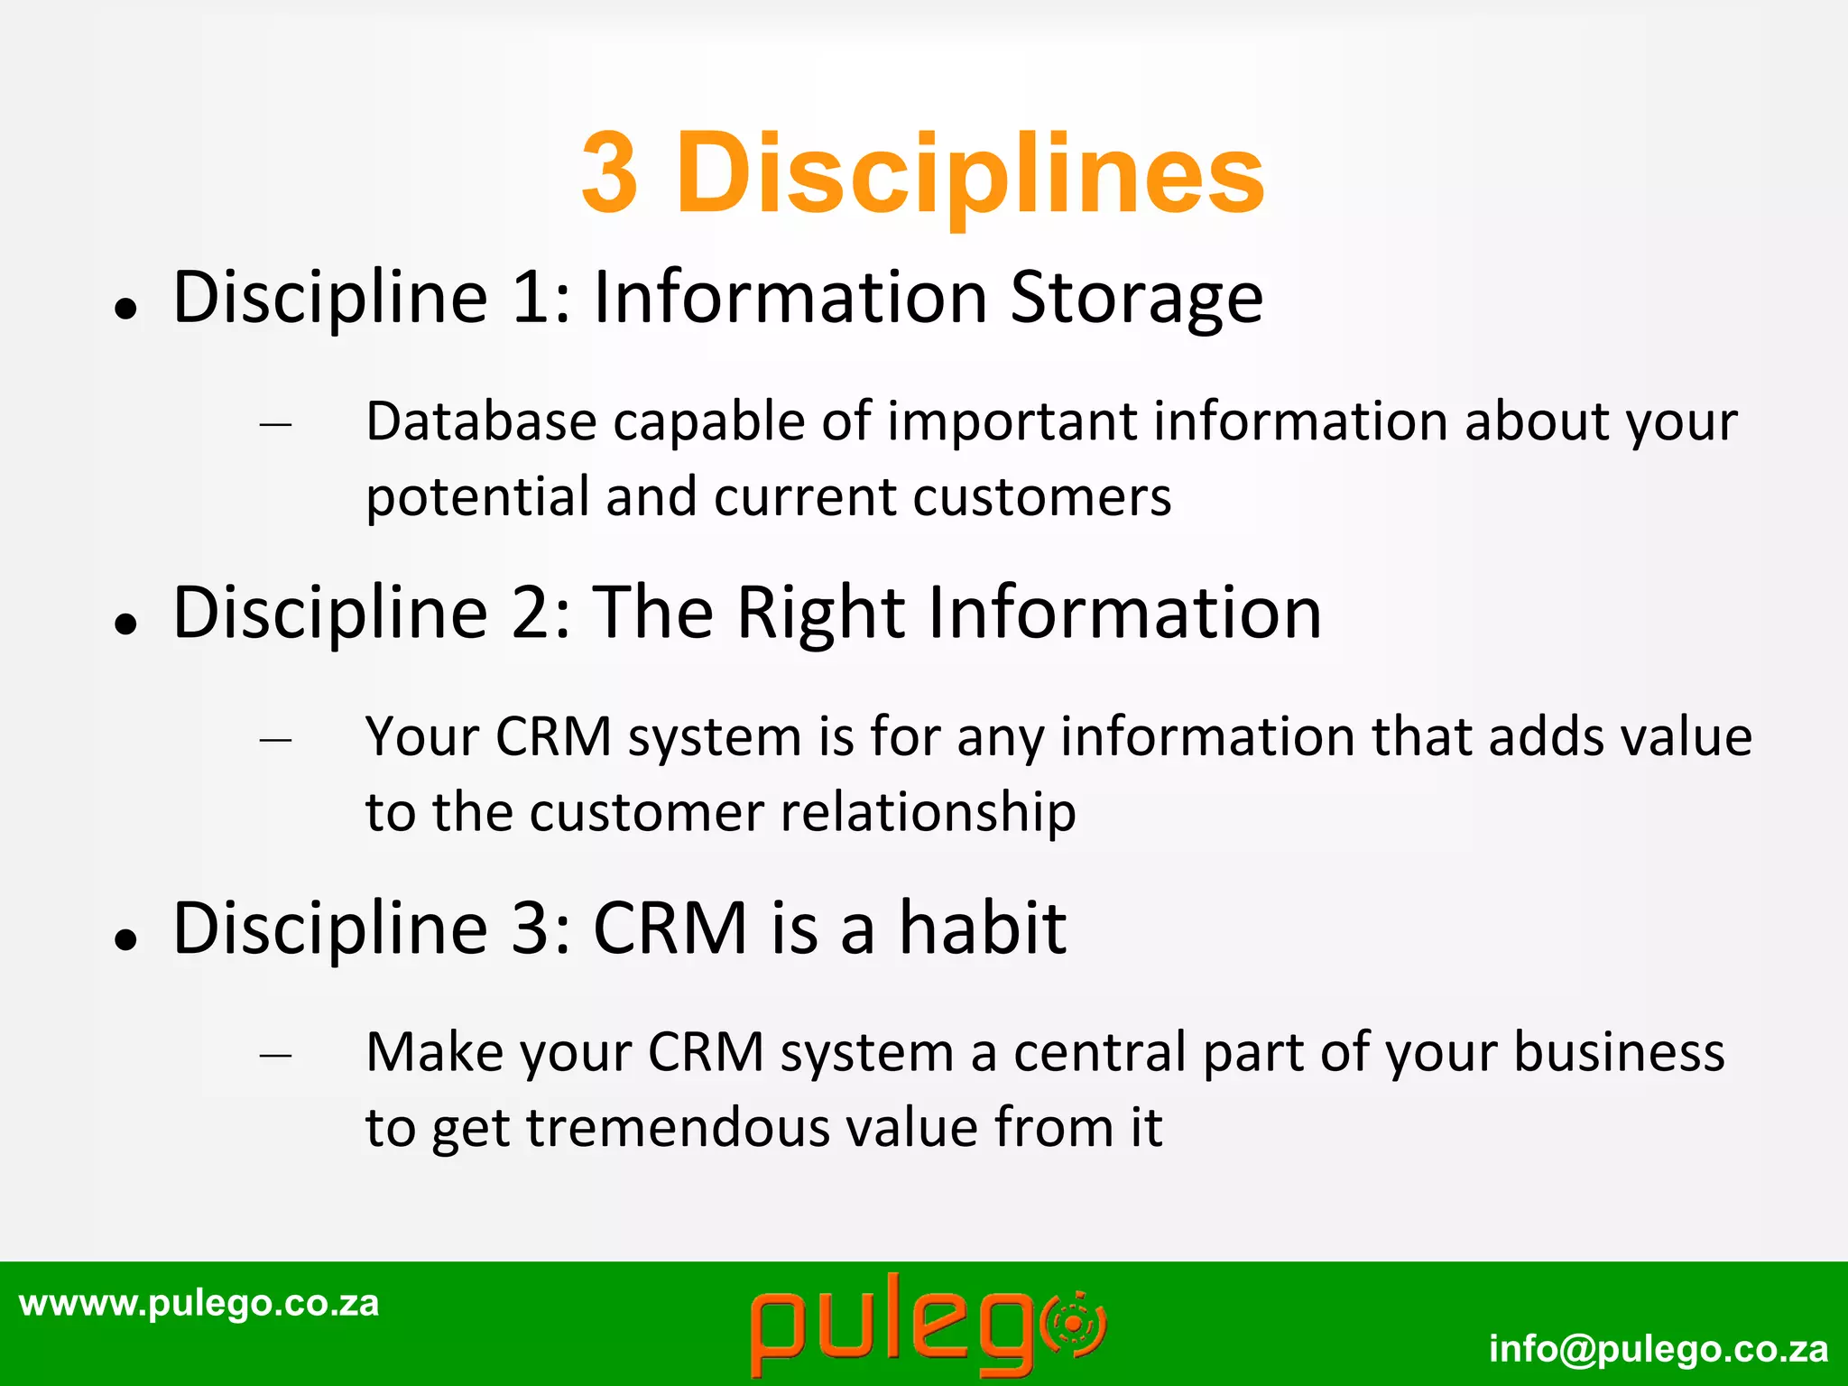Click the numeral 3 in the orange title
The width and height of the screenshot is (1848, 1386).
tap(610, 172)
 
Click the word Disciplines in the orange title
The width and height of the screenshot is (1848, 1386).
tap(971, 174)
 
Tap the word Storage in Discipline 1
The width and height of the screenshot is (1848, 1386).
tap(1136, 298)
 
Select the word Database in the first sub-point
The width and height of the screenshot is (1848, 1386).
tap(481, 421)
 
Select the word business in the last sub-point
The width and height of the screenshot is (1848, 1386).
tap(1619, 1052)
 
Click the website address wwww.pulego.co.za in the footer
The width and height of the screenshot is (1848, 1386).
tap(199, 1303)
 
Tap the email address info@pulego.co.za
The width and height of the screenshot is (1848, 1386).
tap(1659, 1349)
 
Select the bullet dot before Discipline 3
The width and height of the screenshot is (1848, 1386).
tap(125, 939)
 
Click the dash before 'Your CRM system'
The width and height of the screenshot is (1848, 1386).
tap(275, 740)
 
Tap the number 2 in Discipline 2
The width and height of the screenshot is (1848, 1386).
tap(530, 613)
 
